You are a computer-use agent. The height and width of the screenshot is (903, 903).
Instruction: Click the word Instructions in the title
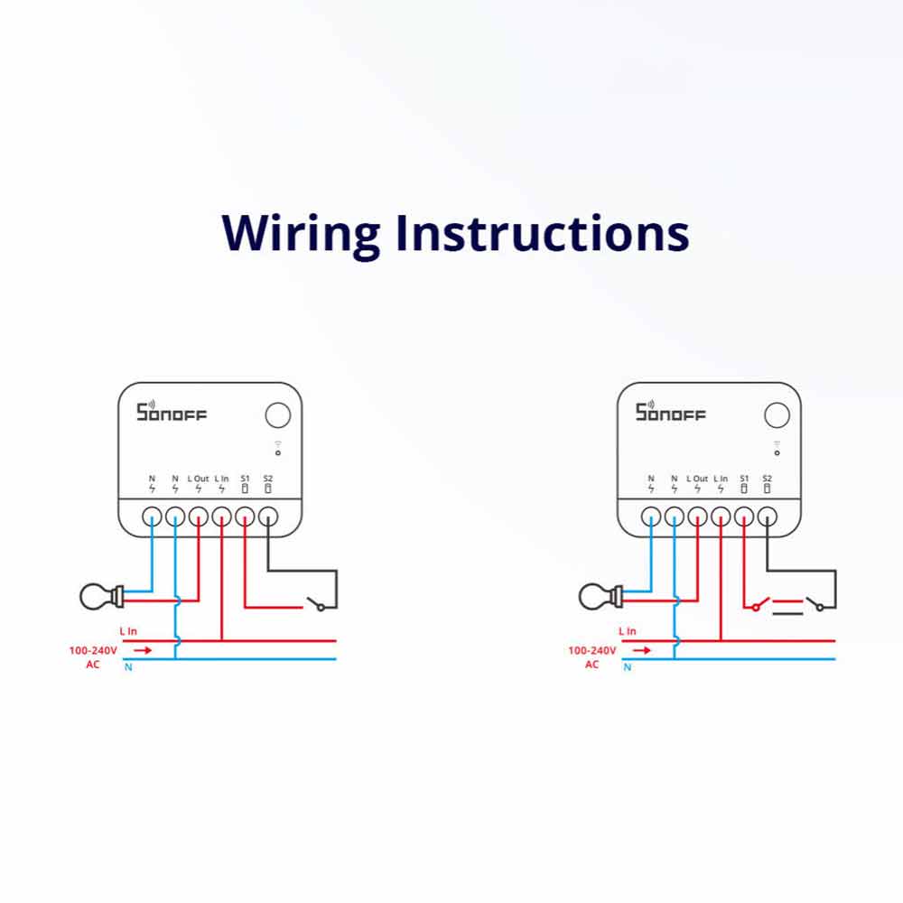click(542, 233)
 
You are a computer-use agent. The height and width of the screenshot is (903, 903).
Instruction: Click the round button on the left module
click(278, 415)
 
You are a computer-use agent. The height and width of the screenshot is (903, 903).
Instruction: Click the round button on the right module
click(777, 415)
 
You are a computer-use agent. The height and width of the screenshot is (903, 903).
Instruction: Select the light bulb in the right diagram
click(597, 595)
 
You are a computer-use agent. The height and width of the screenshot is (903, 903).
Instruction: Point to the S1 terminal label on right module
click(744, 478)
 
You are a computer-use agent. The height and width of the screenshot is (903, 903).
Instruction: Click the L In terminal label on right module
click(721, 478)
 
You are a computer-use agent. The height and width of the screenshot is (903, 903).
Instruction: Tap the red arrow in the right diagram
click(641, 649)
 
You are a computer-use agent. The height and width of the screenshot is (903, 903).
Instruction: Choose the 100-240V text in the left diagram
click(92, 650)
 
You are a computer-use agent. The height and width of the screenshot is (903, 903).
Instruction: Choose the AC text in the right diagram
click(591, 665)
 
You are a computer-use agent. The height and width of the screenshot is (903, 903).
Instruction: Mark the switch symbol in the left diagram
click(316, 603)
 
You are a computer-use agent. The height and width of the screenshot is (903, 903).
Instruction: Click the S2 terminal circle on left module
click(268, 517)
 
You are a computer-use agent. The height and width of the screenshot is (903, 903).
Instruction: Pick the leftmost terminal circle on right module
click(651, 517)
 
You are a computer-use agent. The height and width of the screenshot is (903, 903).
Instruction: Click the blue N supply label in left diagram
click(127, 667)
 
